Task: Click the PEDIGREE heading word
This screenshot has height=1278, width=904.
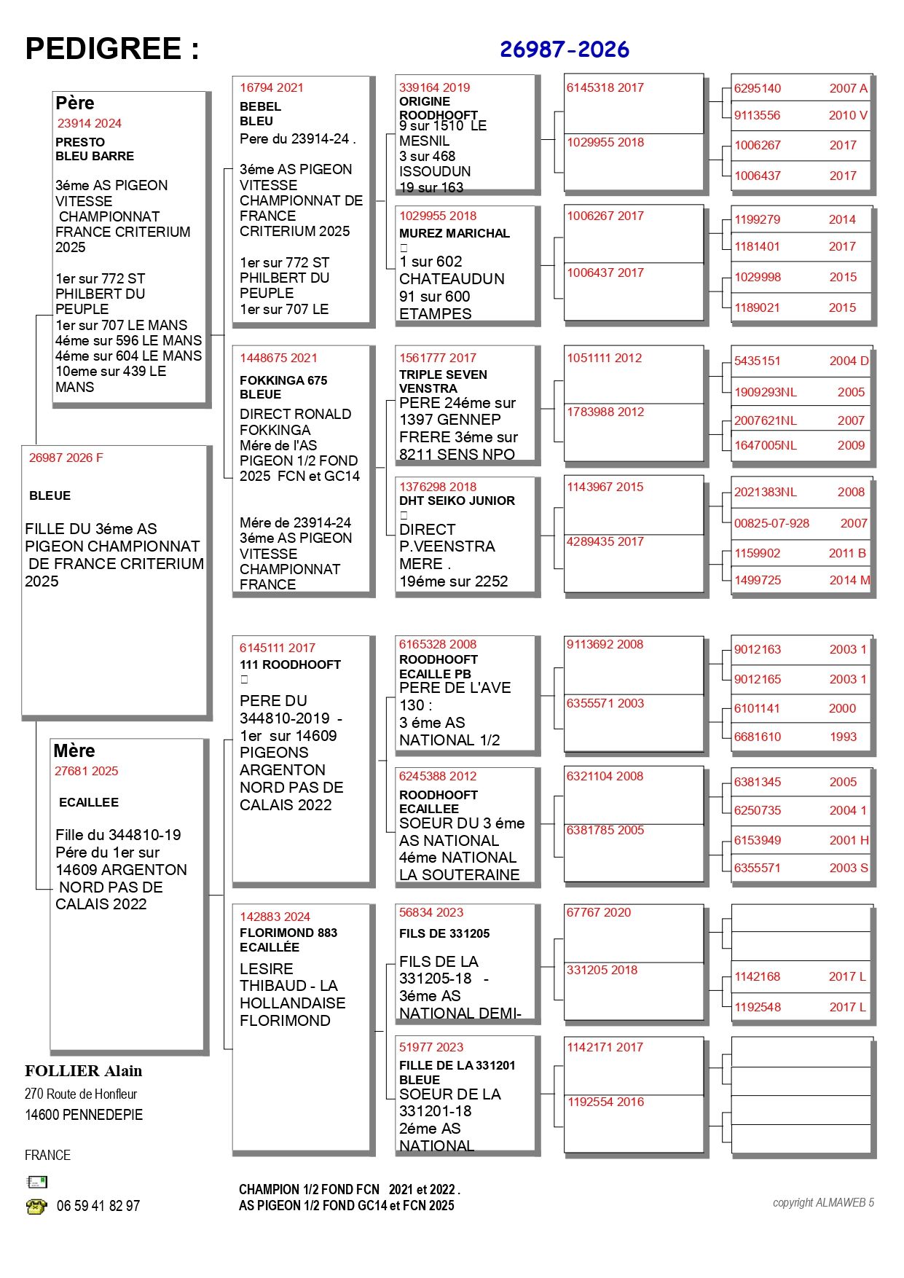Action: pyautogui.click(x=103, y=49)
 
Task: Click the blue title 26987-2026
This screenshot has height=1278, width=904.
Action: pyautogui.click(x=564, y=50)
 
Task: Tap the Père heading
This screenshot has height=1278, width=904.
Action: pyautogui.click(x=74, y=103)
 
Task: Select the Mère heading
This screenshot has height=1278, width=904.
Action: pyautogui.click(x=74, y=750)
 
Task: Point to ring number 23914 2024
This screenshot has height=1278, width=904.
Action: pyautogui.click(x=89, y=123)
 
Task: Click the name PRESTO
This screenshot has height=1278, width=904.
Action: pyautogui.click(x=80, y=142)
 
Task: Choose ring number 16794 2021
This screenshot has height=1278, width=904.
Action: pyautogui.click(x=271, y=87)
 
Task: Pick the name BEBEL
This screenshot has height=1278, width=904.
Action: pyautogui.click(x=260, y=106)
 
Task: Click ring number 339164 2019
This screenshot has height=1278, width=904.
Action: pyautogui.click(x=434, y=87)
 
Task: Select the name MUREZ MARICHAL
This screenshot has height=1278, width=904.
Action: pyautogui.click(x=454, y=233)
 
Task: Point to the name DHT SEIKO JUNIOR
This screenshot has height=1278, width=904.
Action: pyautogui.click(x=457, y=501)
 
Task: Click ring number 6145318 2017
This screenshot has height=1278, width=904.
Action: pyautogui.click(x=605, y=87)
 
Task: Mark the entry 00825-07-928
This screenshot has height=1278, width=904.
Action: pyautogui.click(x=771, y=523)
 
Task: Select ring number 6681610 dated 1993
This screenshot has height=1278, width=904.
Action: pyautogui.click(x=757, y=737)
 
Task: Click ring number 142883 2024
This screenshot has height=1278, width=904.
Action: pyautogui.click(x=275, y=917)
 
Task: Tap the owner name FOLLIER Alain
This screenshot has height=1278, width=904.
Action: pyautogui.click(x=83, y=1071)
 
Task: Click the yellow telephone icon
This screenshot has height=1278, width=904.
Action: pyautogui.click(x=36, y=1206)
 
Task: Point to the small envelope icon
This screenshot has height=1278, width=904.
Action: pyautogui.click(x=36, y=1182)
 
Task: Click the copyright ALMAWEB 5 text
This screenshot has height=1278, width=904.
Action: pyautogui.click(x=822, y=1202)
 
